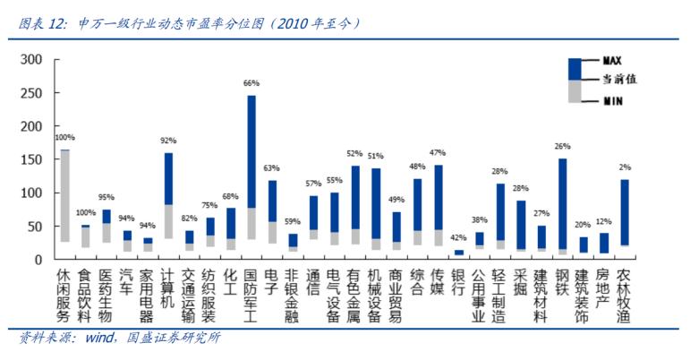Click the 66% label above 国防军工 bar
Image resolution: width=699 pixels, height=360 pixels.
click(x=251, y=83)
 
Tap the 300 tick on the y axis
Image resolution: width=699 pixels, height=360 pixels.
click(x=30, y=60)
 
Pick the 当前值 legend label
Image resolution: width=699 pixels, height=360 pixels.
click(x=617, y=80)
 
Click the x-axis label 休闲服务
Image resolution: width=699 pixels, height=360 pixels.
click(x=65, y=295)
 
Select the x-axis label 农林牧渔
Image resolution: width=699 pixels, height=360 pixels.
click(x=625, y=295)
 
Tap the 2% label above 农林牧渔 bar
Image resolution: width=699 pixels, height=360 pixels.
click(x=625, y=167)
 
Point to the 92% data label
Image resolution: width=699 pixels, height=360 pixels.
click(x=168, y=141)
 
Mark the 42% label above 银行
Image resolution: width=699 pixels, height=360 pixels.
click(x=459, y=238)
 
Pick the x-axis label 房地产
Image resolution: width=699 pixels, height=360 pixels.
click(x=604, y=287)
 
